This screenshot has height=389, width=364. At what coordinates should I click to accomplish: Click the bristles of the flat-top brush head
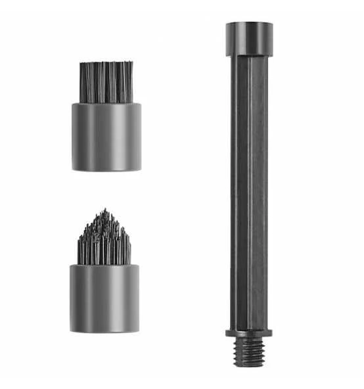106,82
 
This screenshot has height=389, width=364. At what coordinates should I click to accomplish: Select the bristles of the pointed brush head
104,240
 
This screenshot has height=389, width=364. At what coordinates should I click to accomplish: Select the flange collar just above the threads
248,332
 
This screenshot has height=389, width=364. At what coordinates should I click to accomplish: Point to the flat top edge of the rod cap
249,24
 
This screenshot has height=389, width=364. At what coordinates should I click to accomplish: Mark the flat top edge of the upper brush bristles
106,64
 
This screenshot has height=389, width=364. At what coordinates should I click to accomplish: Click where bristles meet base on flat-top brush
106,103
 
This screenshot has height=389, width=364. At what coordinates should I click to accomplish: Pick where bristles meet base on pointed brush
104,264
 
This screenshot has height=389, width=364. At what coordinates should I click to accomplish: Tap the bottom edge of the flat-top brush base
106,170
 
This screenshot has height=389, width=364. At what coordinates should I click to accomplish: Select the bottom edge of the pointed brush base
104,331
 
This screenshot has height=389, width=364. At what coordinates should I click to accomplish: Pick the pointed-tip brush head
104,273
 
